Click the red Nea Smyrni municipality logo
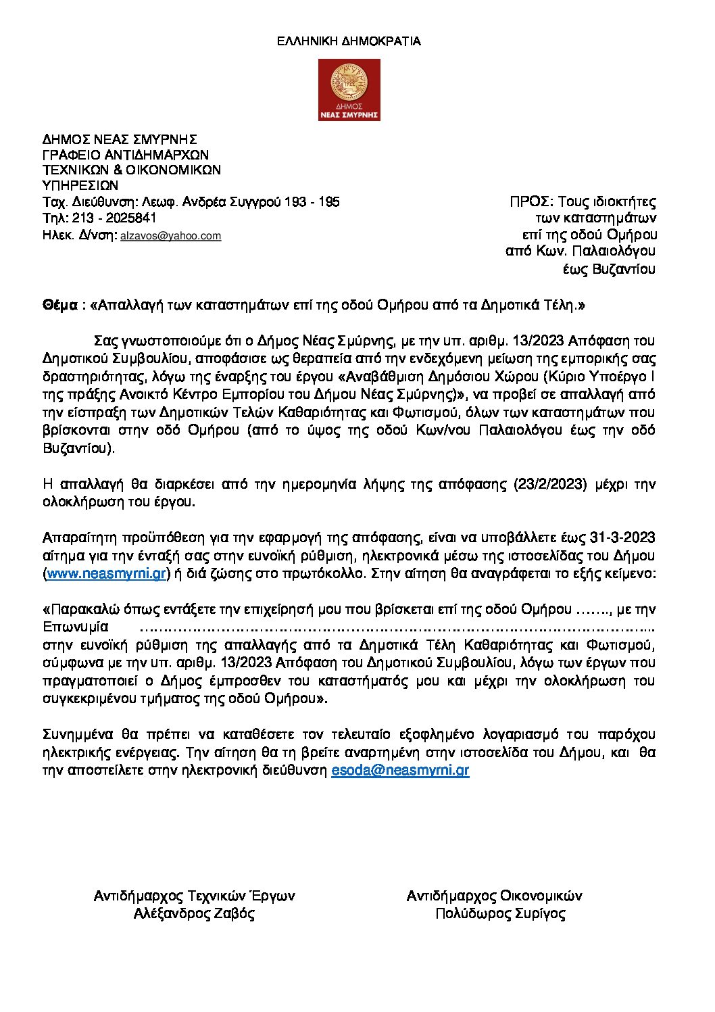point(349,90)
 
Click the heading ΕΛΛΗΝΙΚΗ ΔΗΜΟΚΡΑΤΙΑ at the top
point(349,41)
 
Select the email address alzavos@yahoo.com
point(170,236)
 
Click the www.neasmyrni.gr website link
point(107,574)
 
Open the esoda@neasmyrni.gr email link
point(400,770)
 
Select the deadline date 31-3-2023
point(622,538)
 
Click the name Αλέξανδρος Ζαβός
point(194,914)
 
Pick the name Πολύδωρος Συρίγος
point(500,914)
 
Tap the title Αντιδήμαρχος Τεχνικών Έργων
point(194,896)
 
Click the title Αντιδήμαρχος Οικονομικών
point(494,896)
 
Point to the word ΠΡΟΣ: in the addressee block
point(532,201)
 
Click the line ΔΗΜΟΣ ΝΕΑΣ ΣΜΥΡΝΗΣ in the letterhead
point(120,140)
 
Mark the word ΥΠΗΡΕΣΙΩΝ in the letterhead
point(80,185)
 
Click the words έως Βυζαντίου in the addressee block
point(609,269)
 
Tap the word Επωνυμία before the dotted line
point(76,627)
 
